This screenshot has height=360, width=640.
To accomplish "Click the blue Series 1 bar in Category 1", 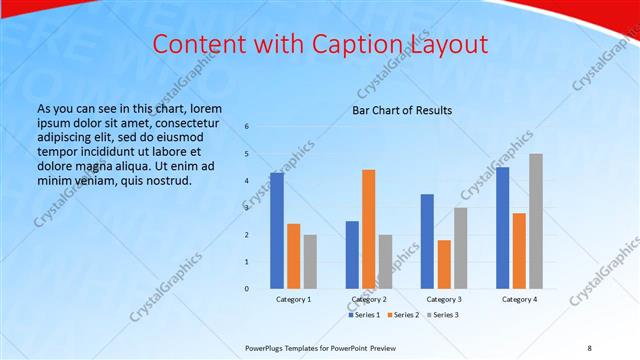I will pyautogui.click(x=277, y=231).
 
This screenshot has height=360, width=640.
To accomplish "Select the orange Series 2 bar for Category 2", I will pyautogui.click(x=369, y=229).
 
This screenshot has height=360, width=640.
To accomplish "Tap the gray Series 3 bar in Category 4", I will pyautogui.click(x=536, y=221).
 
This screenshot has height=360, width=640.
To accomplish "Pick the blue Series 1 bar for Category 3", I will pyautogui.click(x=427, y=241).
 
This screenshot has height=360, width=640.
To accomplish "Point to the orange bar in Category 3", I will pyautogui.click(x=444, y=264).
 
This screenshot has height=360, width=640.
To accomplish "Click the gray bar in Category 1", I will pyautogui.click(x=310, y=262).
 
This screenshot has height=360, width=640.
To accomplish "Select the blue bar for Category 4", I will pyautogui.click(x=502, y=228).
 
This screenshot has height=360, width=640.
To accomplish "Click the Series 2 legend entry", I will pyautogui.click(x=403, y=315).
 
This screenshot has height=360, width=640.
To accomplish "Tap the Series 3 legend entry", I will pyautogui.click(x=442, y=315).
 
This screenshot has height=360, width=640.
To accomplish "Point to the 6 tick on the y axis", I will pyautogui.click(x=247, y=127).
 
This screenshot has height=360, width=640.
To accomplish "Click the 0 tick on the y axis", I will pyautogui.click(x=247, y=289).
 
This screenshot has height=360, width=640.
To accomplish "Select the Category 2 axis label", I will pyautogui.click(x=369, y=299).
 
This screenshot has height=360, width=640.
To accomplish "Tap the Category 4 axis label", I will pyautogui.click(x=519, y=299).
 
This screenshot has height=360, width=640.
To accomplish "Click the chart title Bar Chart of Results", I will pyautogui.click(x=402, y=110).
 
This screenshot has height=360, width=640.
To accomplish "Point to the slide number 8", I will pyautogui.click(x=589, y=347).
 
